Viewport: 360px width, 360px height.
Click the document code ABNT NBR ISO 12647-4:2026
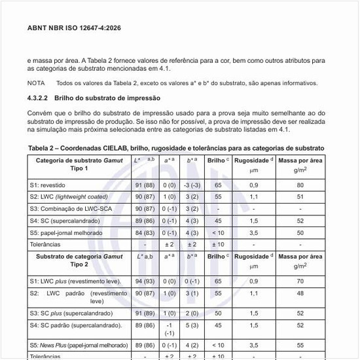73,29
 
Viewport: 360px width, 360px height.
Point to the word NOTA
36,83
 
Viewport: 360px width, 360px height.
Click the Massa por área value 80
300,185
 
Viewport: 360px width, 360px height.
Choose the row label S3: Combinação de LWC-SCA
68,209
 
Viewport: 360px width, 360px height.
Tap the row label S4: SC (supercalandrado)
63,221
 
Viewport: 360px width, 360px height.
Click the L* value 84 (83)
144,232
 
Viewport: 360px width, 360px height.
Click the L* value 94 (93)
144,281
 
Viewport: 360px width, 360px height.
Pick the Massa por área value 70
300,281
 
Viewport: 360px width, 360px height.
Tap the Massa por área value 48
300,294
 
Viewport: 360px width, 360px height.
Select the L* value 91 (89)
144,314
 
